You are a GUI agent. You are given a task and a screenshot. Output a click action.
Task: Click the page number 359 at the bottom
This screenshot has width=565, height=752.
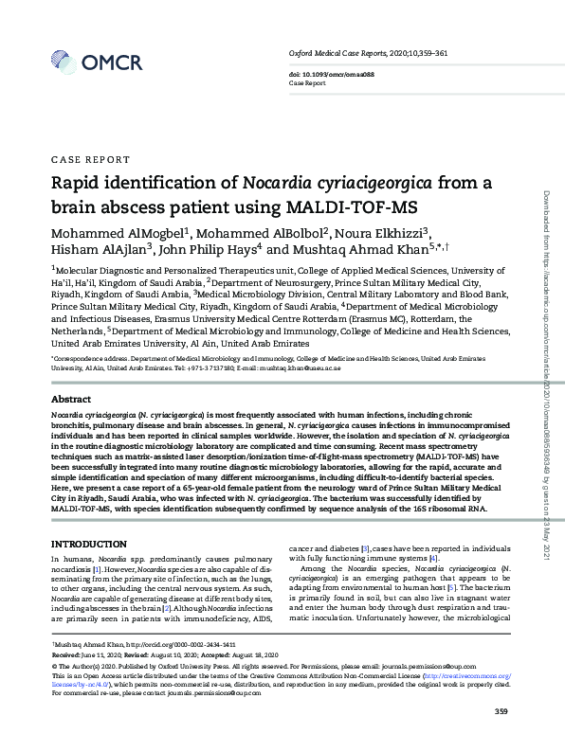tap(503, 712)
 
